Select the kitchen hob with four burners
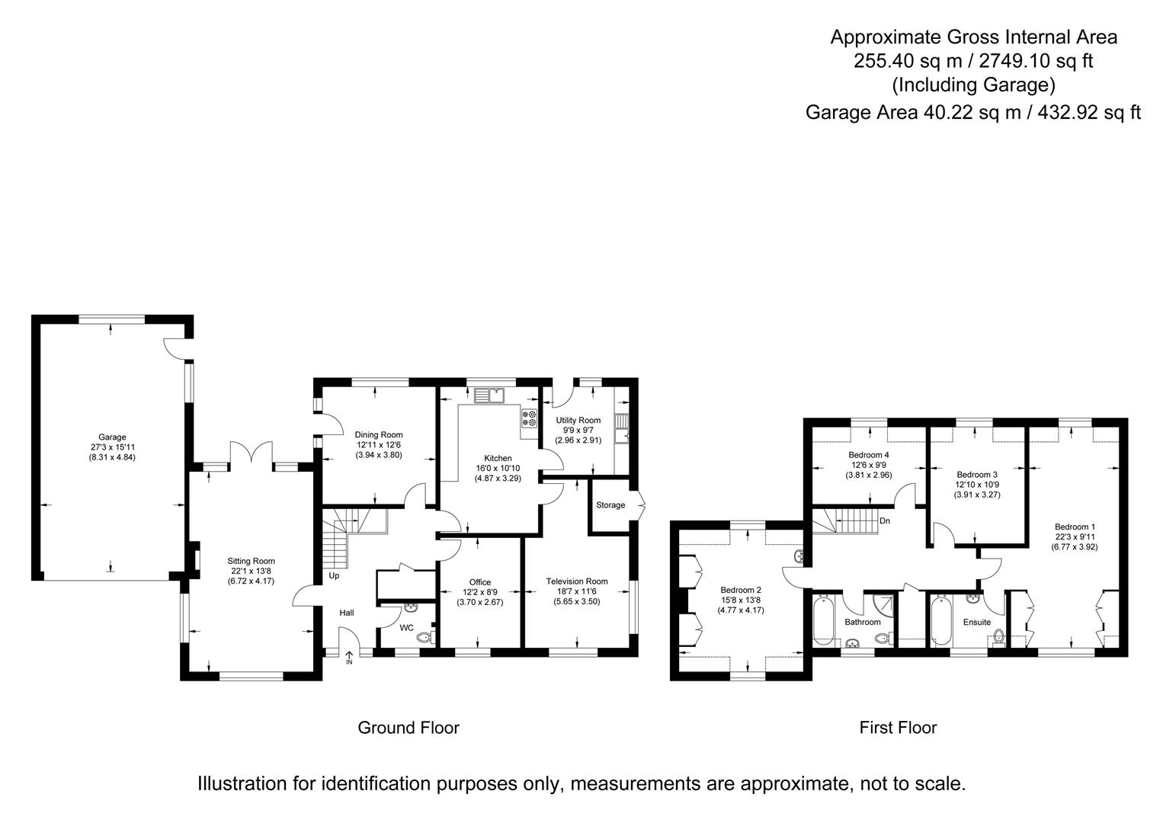[529, 418]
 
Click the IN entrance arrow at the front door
[349, 657]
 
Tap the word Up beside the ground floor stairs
[334, 576]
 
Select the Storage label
[610, 505]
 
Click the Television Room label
[577, 581]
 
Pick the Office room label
[480, 582]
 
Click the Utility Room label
[578, 421]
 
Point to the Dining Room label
[379, 435]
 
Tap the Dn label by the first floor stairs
[884, 521]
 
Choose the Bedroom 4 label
[869, 455]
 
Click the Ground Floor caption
[408, 728]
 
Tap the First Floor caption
[898, 728]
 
